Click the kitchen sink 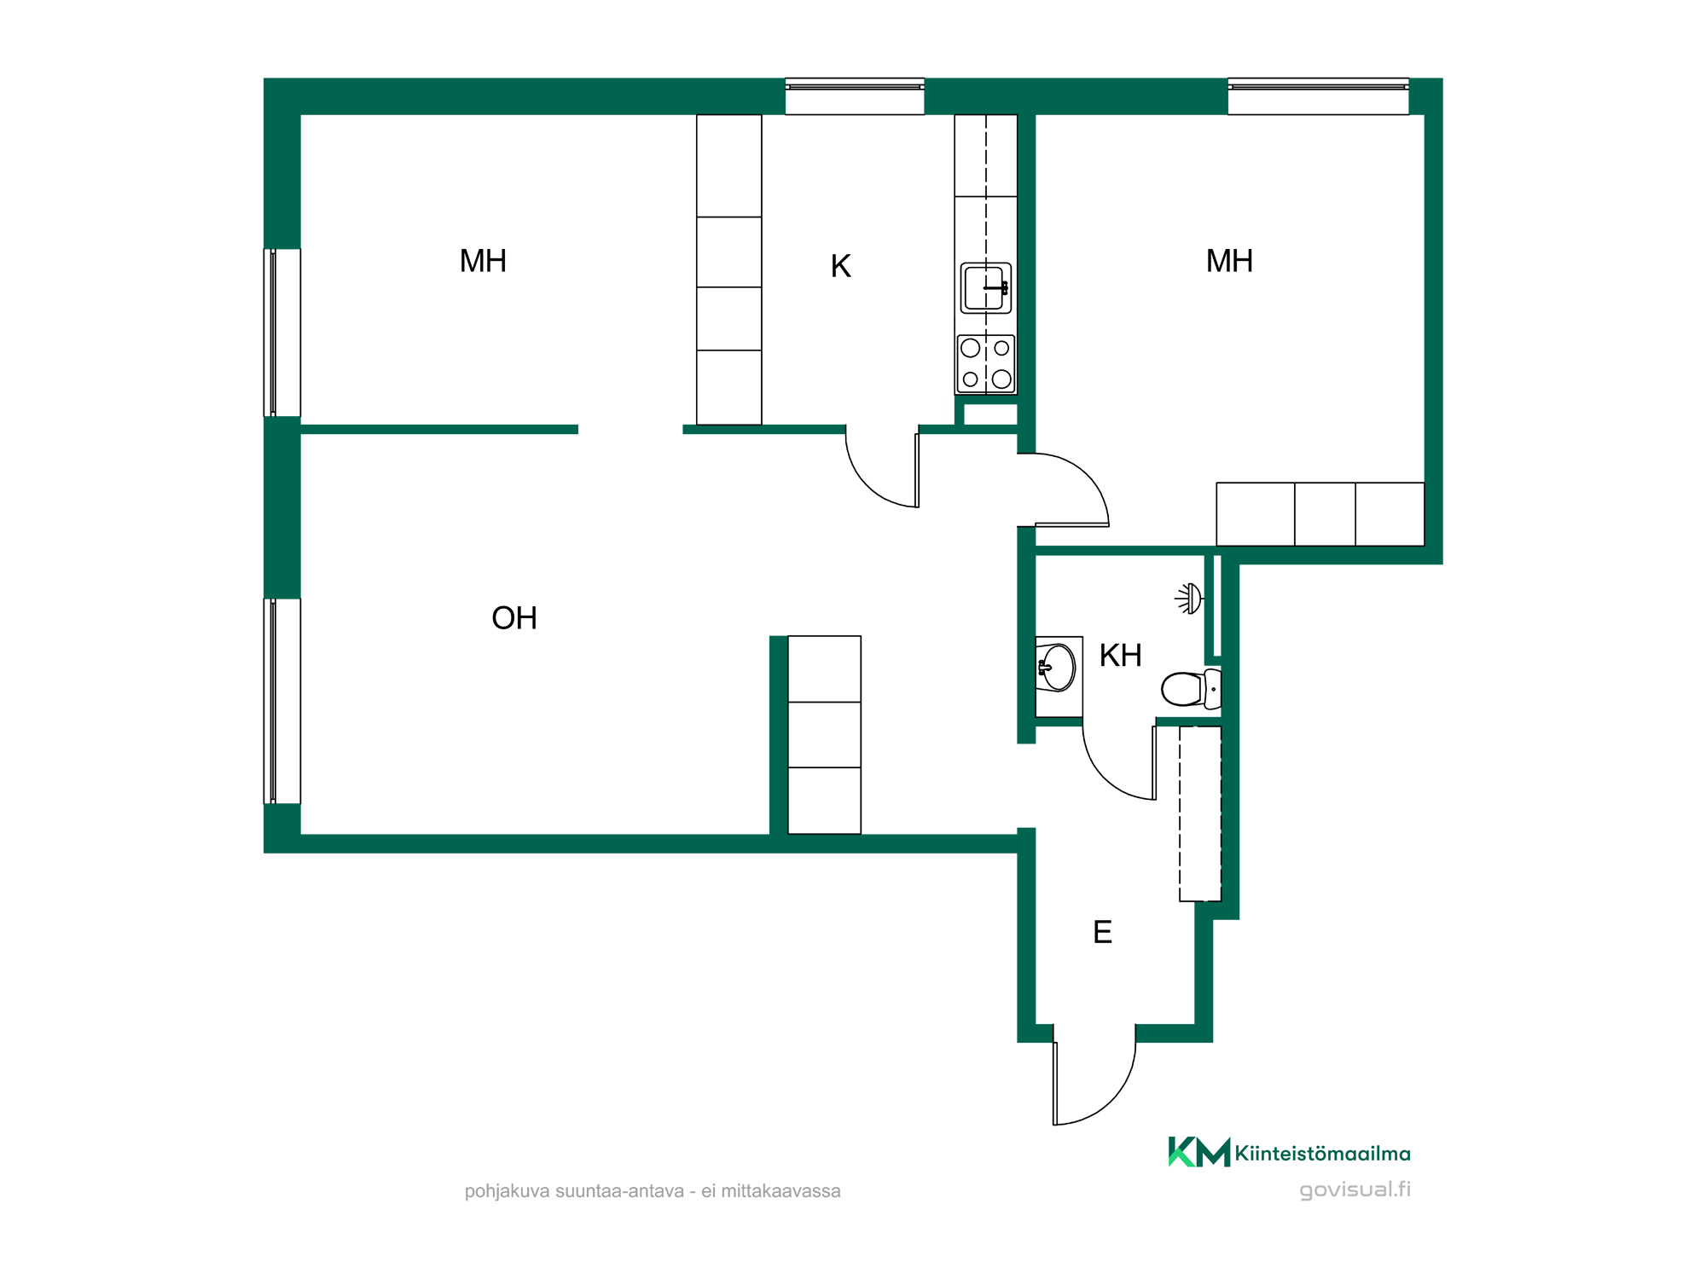[x=986, y=288]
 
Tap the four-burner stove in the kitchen [x=986, y=364]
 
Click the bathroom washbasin [x=1057, y=667]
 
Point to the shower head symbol [x=1189, y=599]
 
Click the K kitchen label [x=840, y=266]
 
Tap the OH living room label [x=514, y=618]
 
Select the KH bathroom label [x=1120, y=656]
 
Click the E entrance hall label [x=1102, y=932]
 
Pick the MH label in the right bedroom [x=1229, y=261]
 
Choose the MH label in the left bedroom [x=483, y=261]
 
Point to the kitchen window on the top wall [x=855, y=96]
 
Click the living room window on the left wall [x=282, y=701]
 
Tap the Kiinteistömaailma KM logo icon [x=1198, y=1152]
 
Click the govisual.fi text [x=1355, y=1190]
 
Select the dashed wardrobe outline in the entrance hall [x=1200, y=813]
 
